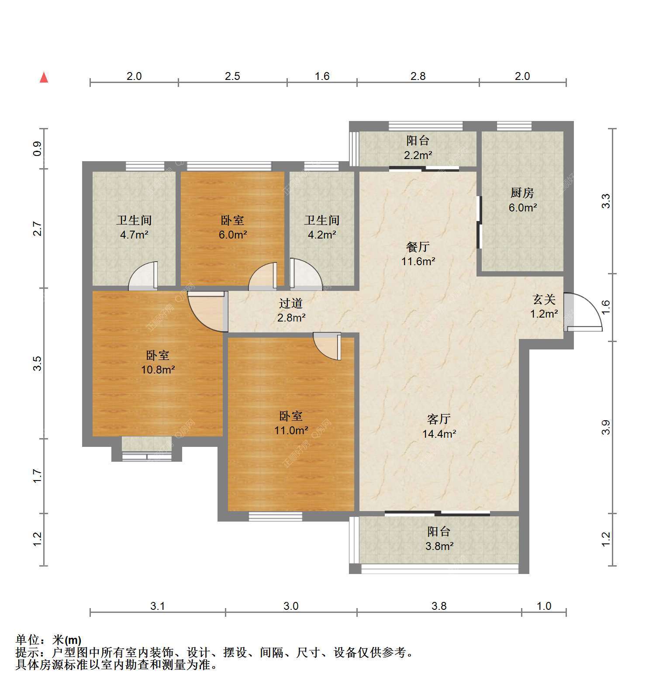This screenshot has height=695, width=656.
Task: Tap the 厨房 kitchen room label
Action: [522, 193]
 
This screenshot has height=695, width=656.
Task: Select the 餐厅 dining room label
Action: [418, 247]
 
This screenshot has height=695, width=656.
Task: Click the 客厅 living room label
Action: [439, 419]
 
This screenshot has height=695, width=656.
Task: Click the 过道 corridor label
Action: [291, 303]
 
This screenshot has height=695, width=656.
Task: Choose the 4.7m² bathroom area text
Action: [134, 235]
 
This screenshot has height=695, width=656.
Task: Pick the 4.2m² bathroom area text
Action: [322, 235]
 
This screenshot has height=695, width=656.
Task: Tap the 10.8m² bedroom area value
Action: [158, 370]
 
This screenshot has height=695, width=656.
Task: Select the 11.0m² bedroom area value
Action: [291, 431]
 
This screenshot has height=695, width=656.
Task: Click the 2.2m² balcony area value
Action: [418, 155]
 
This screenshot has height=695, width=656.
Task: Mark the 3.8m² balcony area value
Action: [439, 546]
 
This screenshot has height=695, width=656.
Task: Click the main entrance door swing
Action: [583, 311]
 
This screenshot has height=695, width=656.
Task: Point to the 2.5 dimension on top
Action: [232, 76]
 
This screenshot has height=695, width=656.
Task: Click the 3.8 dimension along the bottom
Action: [439, 606]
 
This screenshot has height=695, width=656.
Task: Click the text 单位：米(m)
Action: [48, 640]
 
